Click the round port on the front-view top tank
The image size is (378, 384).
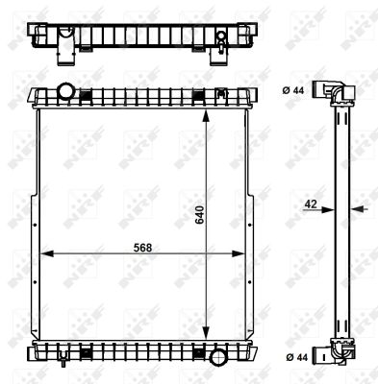65,93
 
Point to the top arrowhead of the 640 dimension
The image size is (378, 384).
206,111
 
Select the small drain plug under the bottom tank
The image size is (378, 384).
62,364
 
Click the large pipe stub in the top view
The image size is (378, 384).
66,44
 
